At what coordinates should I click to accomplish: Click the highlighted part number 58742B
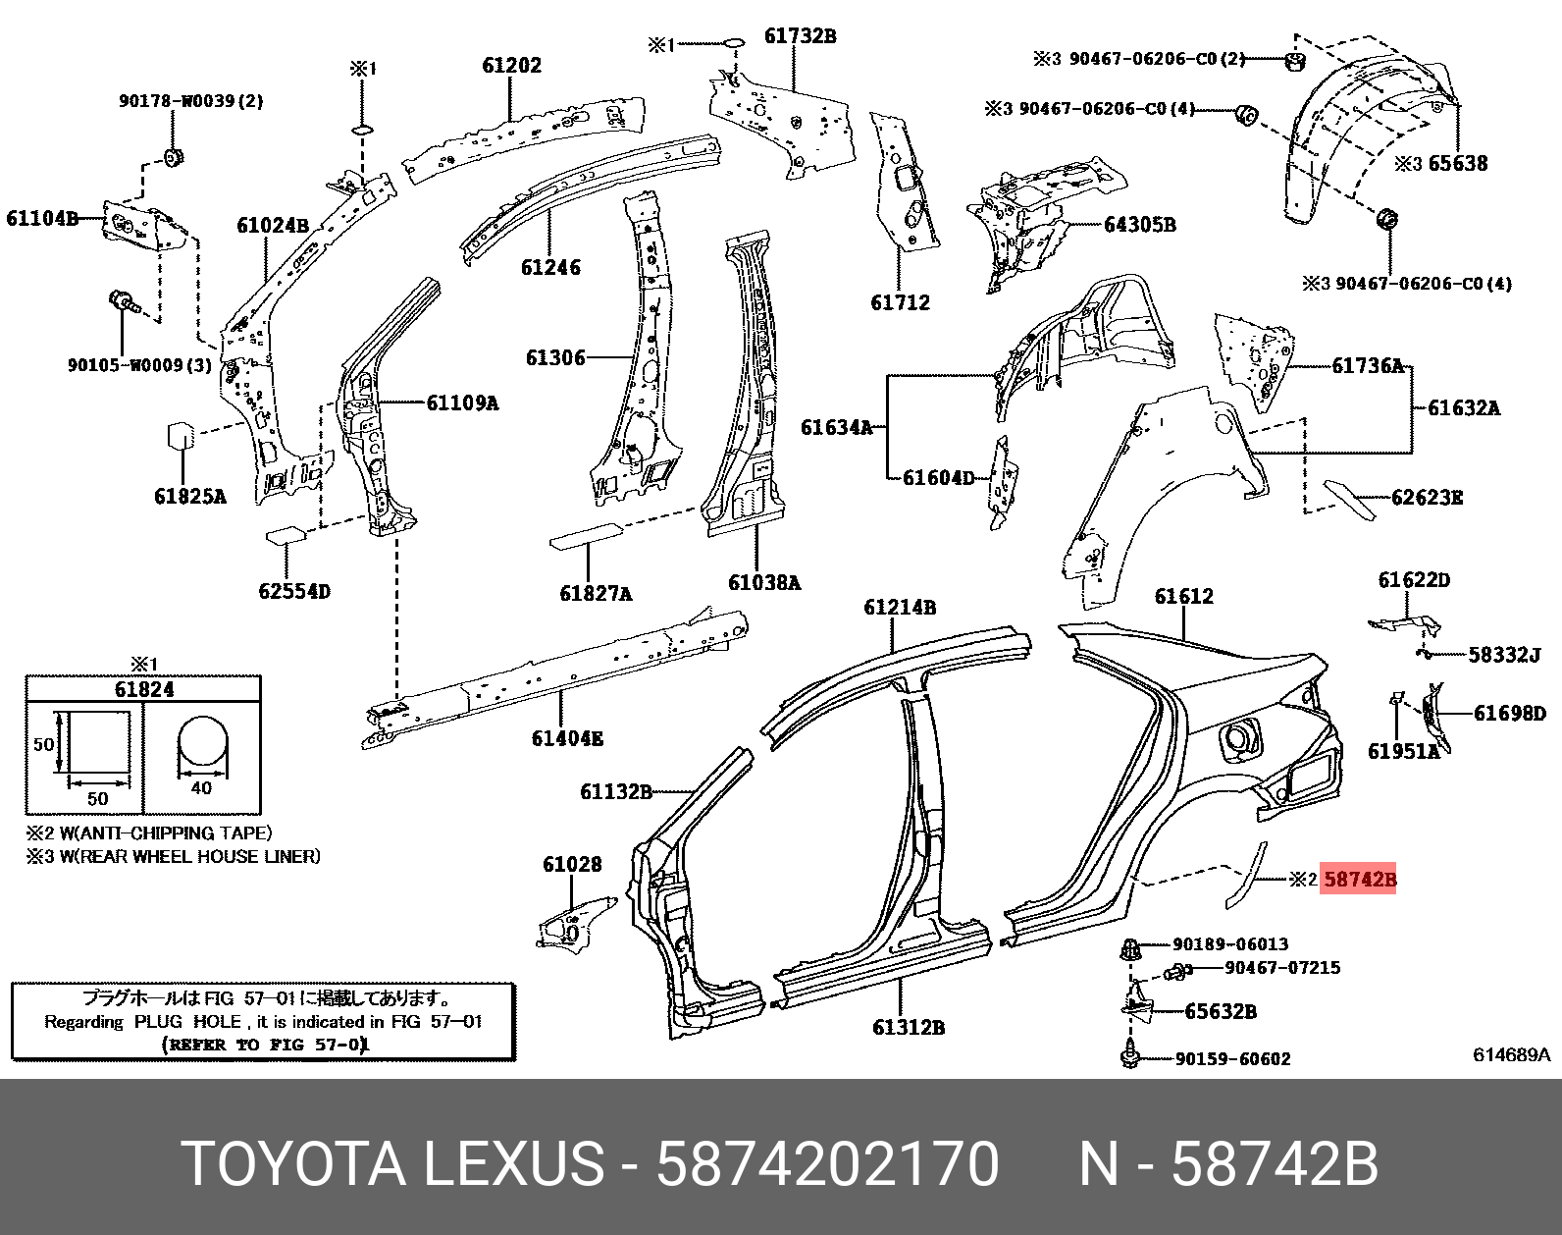pyautogui.click(x=1359, y=879)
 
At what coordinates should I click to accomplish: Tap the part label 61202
pyautogui.click(x=511, y=66)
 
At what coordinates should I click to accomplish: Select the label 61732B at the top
pyautogui.click(x=800, y=36)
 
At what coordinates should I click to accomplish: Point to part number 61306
pyautogui.click(x=555, y=358)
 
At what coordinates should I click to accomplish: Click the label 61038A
pyautogui.click(x=763, y=583)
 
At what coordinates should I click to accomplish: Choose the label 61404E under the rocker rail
pyautogui.click(x=566, y=738)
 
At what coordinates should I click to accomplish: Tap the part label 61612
pyautogui.click(x=1183, y=597)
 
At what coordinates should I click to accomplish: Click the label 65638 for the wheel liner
pyautogui.click(x=1457, y=164)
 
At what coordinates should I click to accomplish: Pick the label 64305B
pyautogui.click(x=1139, y=225)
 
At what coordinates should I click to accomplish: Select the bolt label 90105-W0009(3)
pyautogui.click(x=139, y=365)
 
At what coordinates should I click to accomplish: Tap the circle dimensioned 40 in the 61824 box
pyautogui.click(x=202, y=744)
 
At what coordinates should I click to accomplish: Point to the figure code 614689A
pyautogui.click(x=1511, y=1055)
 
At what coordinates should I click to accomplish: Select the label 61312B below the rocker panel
pyautogui.click(x=908, y=1028)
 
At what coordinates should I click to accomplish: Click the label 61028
pyautogui.click(x=572, y=865)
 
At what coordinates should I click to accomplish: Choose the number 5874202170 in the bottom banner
pyautogui.click(x=827, y=1164)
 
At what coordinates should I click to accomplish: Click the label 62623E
pyautogui.click(x=1427, y=498)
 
